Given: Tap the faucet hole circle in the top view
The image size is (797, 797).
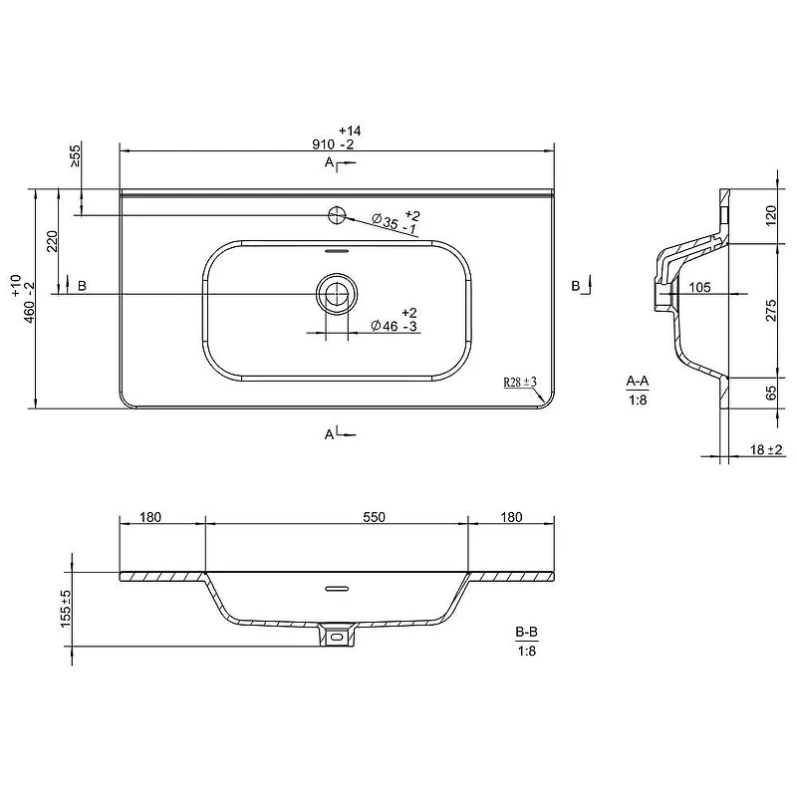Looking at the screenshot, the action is pos(337,215).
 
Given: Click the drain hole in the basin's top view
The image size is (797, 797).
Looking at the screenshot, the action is pos(337,294).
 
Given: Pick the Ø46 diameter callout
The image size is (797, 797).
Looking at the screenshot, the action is pos(395,320).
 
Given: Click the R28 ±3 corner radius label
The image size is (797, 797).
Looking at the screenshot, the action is pos(520,382).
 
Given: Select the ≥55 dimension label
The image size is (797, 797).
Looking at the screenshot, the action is pos(75,155).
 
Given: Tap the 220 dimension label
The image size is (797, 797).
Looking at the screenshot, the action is pos(53,241).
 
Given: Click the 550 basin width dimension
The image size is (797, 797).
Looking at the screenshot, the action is pos(375,517).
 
